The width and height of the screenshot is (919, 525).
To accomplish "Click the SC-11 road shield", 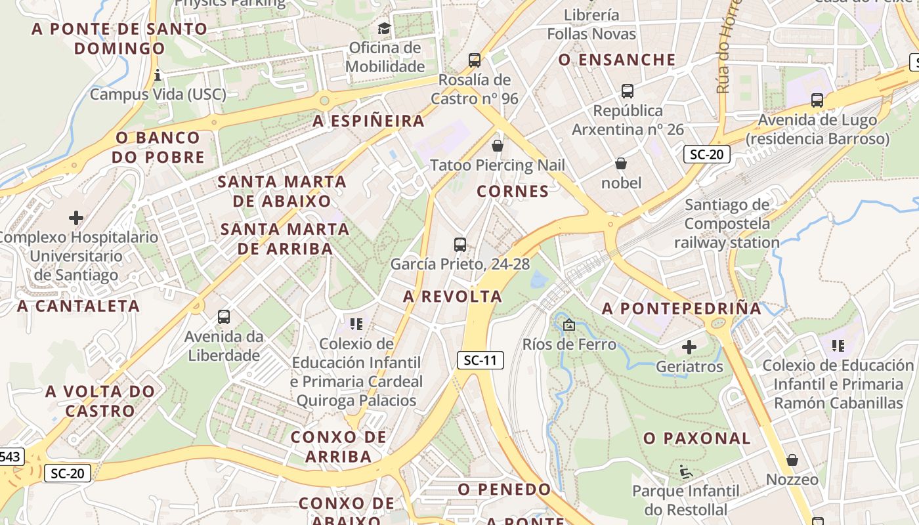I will [481, 360].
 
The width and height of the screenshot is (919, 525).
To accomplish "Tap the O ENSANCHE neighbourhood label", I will [617, 60].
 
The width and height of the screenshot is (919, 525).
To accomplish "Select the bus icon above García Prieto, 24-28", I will [460, 245].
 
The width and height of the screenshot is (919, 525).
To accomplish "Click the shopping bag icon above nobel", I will [621, 163].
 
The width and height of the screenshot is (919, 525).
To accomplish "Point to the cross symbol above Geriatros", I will [689, 347].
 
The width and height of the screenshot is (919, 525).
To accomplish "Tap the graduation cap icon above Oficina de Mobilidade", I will [384, 28].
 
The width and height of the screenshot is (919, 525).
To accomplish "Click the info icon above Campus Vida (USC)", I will [158, 75].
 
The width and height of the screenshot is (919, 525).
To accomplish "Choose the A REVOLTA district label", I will [452, 297].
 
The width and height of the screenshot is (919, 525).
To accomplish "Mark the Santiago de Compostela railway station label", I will [727, 224].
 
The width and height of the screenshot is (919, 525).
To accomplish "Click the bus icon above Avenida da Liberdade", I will [224, 317].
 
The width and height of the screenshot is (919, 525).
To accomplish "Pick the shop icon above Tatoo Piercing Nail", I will [498, 145].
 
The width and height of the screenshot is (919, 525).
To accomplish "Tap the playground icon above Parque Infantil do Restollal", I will [685, 471].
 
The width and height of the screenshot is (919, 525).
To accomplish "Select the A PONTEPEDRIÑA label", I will [682, 308].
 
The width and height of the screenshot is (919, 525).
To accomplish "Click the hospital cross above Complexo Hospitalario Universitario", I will [76, 217].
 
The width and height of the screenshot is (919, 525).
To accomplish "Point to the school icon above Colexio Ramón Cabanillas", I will [838, 345].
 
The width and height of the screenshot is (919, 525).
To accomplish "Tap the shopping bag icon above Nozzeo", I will [792, 460].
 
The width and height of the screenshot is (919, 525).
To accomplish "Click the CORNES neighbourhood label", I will [513, 192].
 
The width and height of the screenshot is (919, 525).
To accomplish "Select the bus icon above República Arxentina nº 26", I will [628, 91].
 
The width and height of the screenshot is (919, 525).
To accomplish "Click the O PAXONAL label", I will [697, 438].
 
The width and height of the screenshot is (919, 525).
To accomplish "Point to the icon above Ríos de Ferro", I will [569, 325].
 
